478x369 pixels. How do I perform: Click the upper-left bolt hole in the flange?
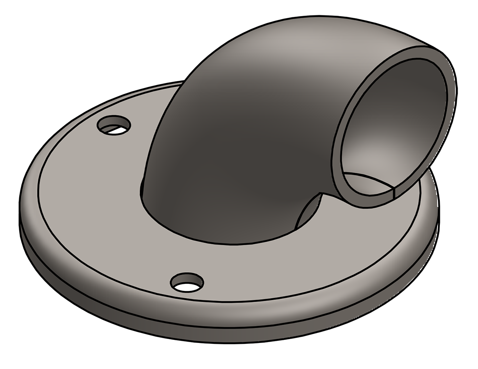(x=114, y=125)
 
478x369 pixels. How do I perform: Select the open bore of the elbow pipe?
(x=391, y=126)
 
